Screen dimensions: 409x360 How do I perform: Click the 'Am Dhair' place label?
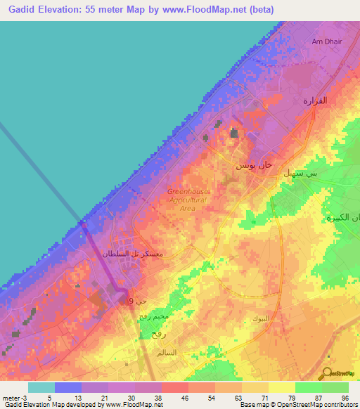click(326, 41)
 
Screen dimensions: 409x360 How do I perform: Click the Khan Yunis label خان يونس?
click(252, 165)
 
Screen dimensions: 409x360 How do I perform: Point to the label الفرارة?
click(315, 100)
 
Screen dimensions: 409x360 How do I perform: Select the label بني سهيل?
click(300, 172)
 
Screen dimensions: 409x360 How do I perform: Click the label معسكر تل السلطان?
click(134, 253)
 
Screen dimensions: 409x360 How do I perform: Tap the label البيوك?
click(260, 318)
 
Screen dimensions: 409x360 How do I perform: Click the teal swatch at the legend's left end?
click(41, 387)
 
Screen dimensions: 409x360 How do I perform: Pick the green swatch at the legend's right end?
click(335, 387)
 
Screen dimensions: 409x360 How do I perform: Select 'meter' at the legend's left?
click(11, 398)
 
